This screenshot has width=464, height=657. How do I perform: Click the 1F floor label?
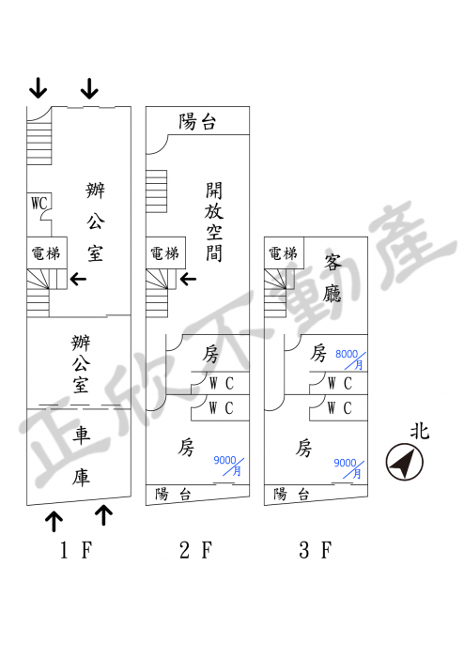tap(76, 550)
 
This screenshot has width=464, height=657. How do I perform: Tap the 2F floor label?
tap(195, 550)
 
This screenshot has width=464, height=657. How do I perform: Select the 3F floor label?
tap(316, 550)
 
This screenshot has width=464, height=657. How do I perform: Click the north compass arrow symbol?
tap(405, 462)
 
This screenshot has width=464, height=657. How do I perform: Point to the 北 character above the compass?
tap(420, 431)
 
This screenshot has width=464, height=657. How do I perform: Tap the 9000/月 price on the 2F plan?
tap(228, 466)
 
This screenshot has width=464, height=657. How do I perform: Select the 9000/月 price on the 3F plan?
tap(348, 468)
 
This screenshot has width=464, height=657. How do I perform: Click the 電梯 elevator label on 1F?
tap(46, 253)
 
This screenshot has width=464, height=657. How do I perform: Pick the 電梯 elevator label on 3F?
tap(283, 253)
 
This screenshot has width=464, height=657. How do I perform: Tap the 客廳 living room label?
tap(333, 278)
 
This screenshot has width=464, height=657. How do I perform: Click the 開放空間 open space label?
tap(214, 222)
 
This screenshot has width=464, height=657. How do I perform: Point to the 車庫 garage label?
tap(81, 456)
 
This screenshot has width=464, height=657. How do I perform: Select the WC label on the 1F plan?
tap(39, 204)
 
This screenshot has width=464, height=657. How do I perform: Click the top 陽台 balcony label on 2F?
tap(197, 121)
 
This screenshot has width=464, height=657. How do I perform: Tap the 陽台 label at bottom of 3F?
tap(291, 494)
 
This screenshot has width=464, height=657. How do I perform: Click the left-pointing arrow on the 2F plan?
tap(188, 279)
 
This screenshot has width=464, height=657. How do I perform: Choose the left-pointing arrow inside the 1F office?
tap(78, 279)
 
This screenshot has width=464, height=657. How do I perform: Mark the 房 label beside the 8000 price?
tap(318, 353)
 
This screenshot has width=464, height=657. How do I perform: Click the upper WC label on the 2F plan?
tap(222, 383)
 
